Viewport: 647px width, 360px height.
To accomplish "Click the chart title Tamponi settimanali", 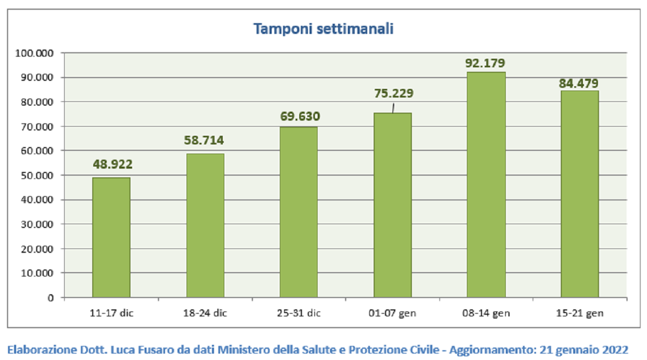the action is pyautogui.click(x=323, y=29).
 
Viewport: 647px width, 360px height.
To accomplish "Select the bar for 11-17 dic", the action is pyautogui.click(x=111, y=237).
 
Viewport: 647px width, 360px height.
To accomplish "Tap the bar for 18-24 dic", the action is pyautogui.click(x=205, y=225).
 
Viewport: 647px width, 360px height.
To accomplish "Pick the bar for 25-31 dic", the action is pyautogui.click(x=299, y=212).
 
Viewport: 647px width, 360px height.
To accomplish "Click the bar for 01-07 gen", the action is pyautogui.click(x=393, y=205).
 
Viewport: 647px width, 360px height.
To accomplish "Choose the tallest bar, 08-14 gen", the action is pyautogui.click(x=486, y=185).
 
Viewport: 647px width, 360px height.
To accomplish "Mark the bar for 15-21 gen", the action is pyautogui.click(x=580, y=194).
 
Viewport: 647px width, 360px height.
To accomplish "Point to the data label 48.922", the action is pyautogui.click(x=113, y=164).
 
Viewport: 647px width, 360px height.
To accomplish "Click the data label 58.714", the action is pyautogui.click(x=204, y=140).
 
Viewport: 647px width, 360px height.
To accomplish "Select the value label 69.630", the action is pyautogui.click(x=300, y=116).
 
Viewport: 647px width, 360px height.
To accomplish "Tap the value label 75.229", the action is pyautogui.click(x=394, y=93).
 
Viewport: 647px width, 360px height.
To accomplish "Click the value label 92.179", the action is pyautogui.click(x=485, y=63).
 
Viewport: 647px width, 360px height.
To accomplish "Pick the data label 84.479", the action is pyautogui.click(x=579, y=84).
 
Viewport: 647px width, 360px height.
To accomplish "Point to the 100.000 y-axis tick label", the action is pyautogui.click(x=35, y=53).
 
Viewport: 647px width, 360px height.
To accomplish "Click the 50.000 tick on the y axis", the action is pyautogui.click(x=37, y=176).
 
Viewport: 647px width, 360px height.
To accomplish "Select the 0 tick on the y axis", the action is pyautogui.click(x=51, y=297).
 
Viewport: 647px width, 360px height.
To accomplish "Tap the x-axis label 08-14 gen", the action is pyautogui.click(x=486, y=313).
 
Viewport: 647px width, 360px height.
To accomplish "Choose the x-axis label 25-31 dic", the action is pyautogui.click(x=299, y=313).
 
